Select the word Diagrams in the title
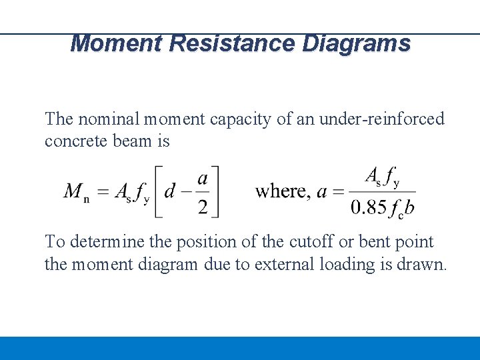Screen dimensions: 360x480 pos(357,43)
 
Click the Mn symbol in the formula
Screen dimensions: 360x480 pos(77,192)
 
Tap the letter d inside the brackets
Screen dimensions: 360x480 pos(171,192)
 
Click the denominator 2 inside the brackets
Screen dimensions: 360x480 pos(202,207)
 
